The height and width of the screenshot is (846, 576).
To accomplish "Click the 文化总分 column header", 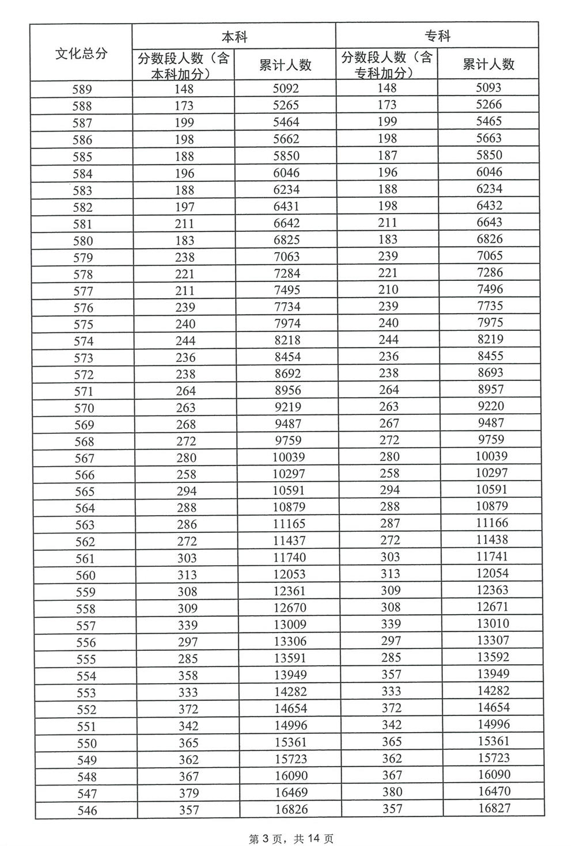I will tap(81, 54).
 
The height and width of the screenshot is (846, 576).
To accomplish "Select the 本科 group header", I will tap(234, 37).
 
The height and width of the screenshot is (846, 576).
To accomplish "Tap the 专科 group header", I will tap(437, 36).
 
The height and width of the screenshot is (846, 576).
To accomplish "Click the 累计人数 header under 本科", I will tap(285, 65).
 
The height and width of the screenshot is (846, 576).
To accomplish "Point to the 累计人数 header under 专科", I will tap(488, 64).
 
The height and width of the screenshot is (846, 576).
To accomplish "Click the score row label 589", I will tap(82, 89).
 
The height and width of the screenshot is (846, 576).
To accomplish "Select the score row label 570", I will tap(84, 408).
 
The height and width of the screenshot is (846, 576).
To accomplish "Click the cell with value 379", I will tap(188, 793).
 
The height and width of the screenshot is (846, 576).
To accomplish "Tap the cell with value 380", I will tap(392, 792).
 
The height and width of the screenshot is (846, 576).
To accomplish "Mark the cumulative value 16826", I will tap(291, 809).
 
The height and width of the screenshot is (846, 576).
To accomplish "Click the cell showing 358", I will tap(188, 676).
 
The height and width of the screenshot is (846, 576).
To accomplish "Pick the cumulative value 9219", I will tap(288, 407).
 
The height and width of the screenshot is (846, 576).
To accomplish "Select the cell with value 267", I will tap(389, 423).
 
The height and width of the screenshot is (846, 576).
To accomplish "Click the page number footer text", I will tap(291, 839).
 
